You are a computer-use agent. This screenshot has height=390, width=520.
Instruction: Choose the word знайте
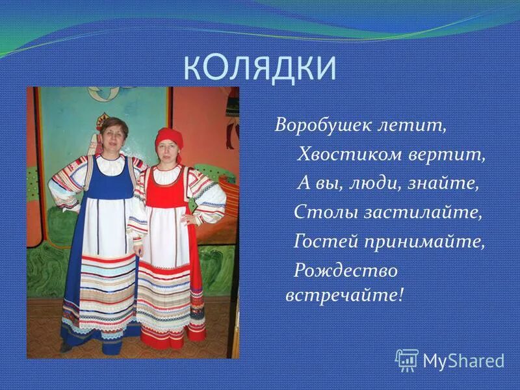click(x=442, y=183)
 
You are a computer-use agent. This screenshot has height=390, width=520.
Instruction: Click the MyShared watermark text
click(x=463, y=360)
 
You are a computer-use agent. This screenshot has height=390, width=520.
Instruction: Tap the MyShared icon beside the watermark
click(x=407, y=359)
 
